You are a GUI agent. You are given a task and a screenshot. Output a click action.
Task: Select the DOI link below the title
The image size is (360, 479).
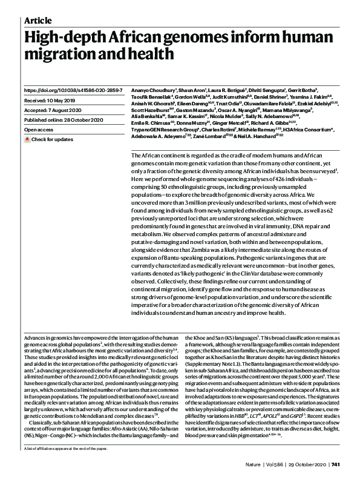72,90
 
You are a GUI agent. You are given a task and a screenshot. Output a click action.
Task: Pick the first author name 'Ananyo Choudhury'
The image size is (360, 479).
149,90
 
